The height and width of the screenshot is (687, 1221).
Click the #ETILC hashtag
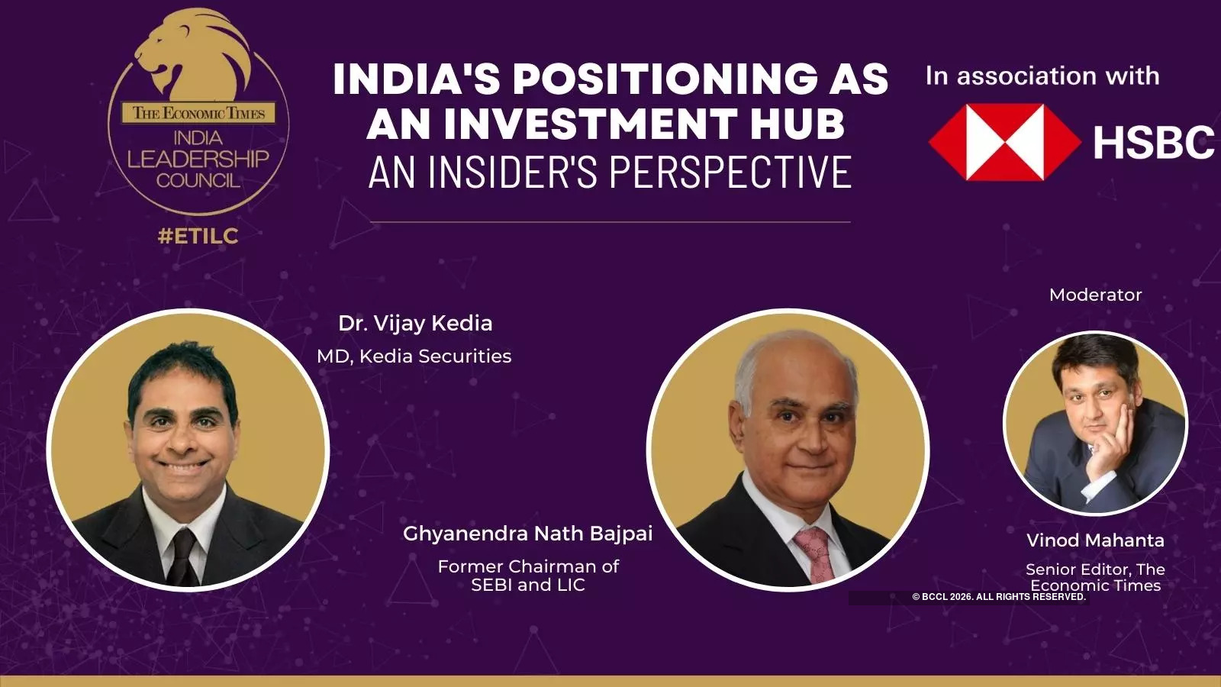pos(198,236)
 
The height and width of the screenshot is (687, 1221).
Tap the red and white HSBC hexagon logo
pos(1004,142)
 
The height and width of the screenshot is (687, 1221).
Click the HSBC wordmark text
pos(1153,142)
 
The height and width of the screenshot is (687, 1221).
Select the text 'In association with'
pos(1042,76)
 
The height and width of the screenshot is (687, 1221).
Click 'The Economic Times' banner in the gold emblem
pos(198,113)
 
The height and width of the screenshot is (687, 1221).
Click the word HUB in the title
pos(797,124)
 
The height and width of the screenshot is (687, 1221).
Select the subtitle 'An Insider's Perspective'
pos(609,171)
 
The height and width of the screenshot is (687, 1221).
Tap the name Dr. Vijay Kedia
pos(415,323)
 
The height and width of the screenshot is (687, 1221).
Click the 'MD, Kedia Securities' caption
pos(414,356)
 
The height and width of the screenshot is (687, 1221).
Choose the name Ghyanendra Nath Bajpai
pos(527,533)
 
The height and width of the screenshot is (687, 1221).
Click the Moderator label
pos(1095,295)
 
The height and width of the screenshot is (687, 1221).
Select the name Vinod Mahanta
pos(1095,540)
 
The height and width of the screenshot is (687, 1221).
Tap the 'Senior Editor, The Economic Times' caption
pos(1095,577)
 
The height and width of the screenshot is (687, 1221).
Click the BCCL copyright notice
pos(999,597)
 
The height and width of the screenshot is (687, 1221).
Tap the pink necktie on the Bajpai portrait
pos(814,553)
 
